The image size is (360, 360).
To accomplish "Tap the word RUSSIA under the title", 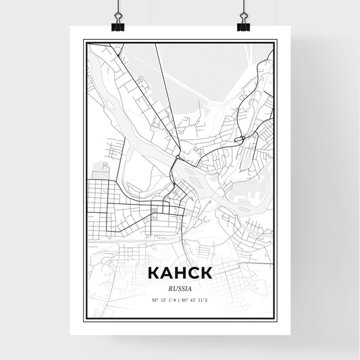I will click(x=180, y=286).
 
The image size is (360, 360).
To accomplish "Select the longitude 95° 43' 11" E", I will click(x=196, y=299).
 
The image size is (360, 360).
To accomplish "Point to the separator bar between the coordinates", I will click(x=180, y=299).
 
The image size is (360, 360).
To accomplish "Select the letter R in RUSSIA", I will click(x=169, y=286).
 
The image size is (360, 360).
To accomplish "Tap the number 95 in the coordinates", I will click(x=185, y=299).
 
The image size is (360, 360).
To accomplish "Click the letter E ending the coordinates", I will click(x=207, y=299).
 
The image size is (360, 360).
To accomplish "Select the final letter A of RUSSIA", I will click(x=191, y=286).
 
